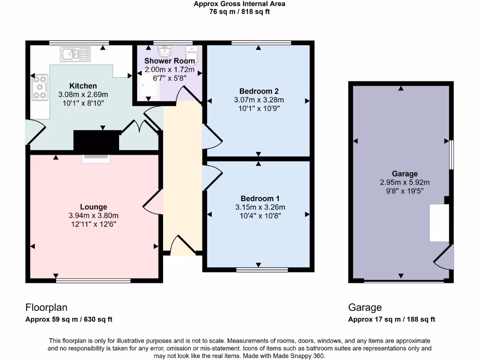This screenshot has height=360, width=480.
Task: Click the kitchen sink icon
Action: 75,54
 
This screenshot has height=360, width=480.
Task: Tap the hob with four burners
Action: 40,87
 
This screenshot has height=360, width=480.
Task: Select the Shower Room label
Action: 169,61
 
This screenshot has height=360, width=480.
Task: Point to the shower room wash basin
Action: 165,50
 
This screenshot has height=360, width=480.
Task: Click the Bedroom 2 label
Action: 259,91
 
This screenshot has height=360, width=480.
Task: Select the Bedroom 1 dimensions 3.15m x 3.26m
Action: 260,207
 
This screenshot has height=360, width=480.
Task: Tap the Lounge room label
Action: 93,207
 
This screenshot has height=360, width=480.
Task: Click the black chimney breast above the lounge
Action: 97,141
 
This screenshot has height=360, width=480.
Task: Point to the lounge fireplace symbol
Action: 97,159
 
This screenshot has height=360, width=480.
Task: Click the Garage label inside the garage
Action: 405,174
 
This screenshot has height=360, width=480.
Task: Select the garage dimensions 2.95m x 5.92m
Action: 405,182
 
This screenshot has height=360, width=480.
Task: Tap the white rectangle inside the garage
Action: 440,223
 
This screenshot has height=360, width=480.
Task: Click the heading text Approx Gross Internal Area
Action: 240,4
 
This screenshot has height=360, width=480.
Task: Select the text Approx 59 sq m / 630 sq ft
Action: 68,320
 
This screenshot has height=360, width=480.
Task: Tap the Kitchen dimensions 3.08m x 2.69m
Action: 83,94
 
